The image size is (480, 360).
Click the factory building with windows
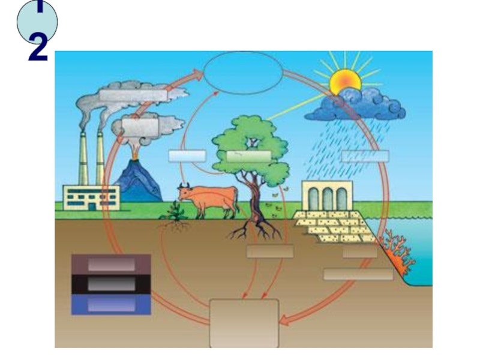coord(91,197)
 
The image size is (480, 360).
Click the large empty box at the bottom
coord(244,323)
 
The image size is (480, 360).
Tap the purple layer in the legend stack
coord(111,265)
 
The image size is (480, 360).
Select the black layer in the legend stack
coord(111,284)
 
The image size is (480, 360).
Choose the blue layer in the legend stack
coord(111,305)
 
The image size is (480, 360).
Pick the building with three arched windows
coord(326,196)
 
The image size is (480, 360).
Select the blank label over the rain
coord(365,156)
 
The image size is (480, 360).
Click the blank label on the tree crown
coord(249,156)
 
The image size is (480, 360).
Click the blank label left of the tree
coord(187,156)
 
